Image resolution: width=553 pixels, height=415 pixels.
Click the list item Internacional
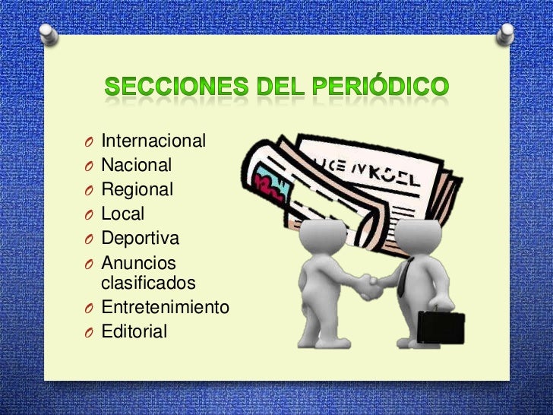153,141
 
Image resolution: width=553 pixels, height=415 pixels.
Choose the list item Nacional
137,165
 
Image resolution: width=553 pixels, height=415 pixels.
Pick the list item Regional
137,189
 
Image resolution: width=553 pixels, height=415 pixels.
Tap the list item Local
123,214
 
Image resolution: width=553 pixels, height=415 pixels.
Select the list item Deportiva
141,238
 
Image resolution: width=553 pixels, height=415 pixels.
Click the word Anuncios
138,264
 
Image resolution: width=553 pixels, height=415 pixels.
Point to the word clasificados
148,284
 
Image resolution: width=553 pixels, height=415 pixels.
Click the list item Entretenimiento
165,308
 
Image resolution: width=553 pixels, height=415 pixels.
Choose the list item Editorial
134,331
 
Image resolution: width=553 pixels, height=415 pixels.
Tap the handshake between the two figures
371,285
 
